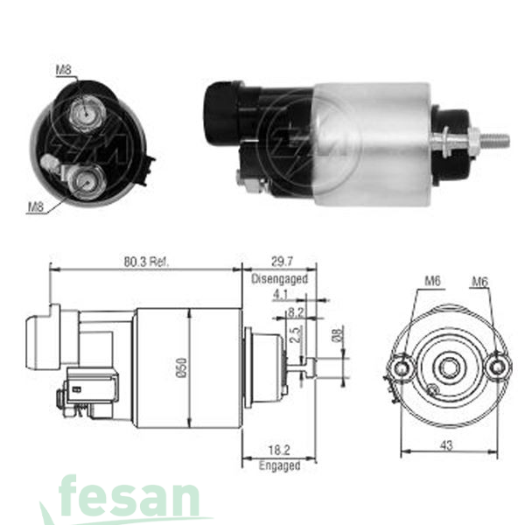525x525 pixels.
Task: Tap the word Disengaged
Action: (279, 279)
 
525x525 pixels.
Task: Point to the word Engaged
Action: (279, 466)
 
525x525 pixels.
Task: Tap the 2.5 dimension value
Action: (296, 333)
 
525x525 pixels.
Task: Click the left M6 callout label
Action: (431, 281)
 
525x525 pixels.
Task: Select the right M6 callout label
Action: (479, 281)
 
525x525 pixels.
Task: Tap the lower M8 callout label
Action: (35, 206)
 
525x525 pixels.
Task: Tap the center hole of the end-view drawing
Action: (449, 367)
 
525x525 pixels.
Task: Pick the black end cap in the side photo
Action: (222, 112)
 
